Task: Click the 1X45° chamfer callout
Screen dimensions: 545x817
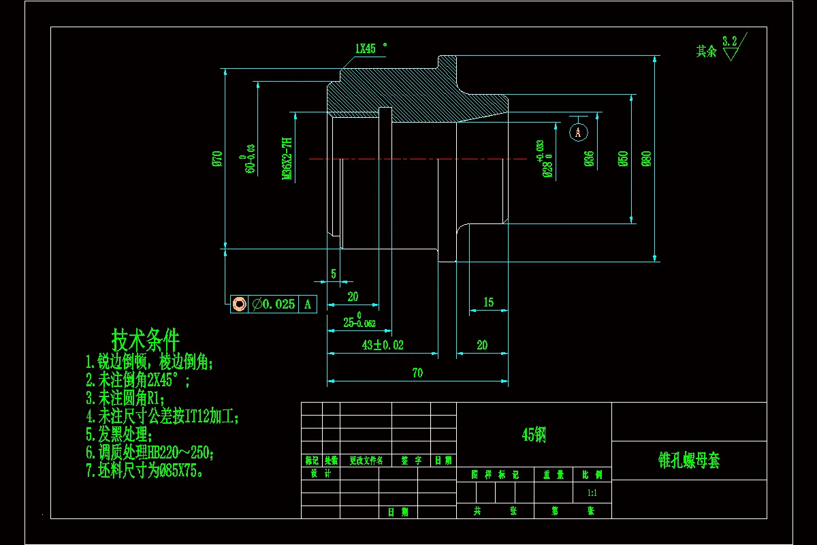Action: click(370, 48)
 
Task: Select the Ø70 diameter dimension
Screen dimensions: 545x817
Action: click(217, 158)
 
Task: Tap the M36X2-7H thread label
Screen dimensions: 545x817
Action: click(287, 159)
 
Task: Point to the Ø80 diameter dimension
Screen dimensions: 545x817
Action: click(646, 158)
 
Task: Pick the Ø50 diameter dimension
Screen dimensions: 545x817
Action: click(622, 158)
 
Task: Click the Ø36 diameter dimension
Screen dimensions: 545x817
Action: click(589, 158)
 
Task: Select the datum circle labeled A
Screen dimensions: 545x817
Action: click(578, 132)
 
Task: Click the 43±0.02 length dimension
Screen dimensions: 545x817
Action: click(383, 345)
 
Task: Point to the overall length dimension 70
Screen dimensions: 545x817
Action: click(417, 373)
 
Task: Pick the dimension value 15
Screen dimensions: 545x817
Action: click(488, 302)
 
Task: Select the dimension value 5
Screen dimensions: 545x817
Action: click(334, 274)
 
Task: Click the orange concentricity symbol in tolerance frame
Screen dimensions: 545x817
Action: click(239, 305)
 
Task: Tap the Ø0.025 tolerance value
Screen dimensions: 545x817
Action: click(274, 305)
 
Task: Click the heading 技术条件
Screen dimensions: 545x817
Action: click(146, 338)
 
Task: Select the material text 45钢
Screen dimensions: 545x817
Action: click(534, 435)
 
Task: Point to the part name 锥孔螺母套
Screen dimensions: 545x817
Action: click(689, 461)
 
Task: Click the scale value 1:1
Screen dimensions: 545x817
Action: click(592, 493)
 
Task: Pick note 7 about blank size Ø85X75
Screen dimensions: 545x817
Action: click(144, 471)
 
